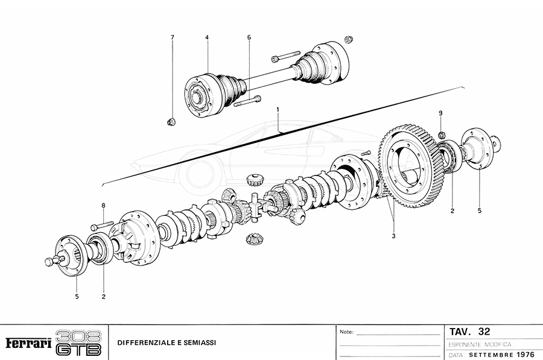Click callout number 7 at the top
coord(172,37)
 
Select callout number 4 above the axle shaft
coord(207,37)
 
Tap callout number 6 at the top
coord(249,37)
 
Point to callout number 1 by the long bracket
coord(278,110)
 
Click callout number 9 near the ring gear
coord(440,113)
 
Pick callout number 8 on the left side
coord(103,206)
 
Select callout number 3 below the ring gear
coord(393,236)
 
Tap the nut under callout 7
coord(171,122)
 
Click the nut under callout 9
coord(441,133)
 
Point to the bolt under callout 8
coord(102,227)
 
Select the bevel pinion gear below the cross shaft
coord(255,239)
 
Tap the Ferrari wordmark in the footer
coord(28,343)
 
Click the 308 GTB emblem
coord(79,343)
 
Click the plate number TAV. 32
coord(470,332)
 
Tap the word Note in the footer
coord(346,332)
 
